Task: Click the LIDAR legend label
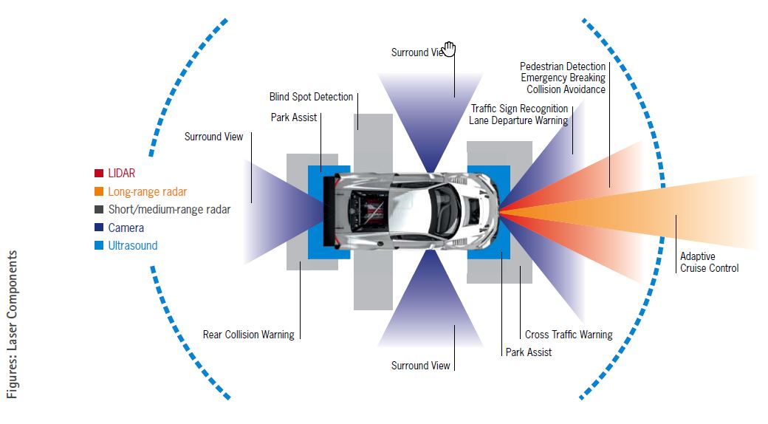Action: [121, 174]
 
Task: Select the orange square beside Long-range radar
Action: [98, 192]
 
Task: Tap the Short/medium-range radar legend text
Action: [169, 210]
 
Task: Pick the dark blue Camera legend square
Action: [98, 228]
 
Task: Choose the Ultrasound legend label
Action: [132, 246]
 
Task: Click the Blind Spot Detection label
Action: [311, 98]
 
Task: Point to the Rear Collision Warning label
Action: [248, 335]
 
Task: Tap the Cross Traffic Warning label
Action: [568, 335]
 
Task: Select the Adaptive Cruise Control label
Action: [708, 262]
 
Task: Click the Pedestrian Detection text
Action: [562, 66]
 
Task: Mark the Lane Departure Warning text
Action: [518, 120]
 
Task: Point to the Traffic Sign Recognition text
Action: [519, 109]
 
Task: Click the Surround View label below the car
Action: [419, 365]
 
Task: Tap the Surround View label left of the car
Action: [213, 137]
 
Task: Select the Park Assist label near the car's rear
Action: [293, 117]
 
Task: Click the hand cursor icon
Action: [449, 49]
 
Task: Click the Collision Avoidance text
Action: [566, 89]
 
